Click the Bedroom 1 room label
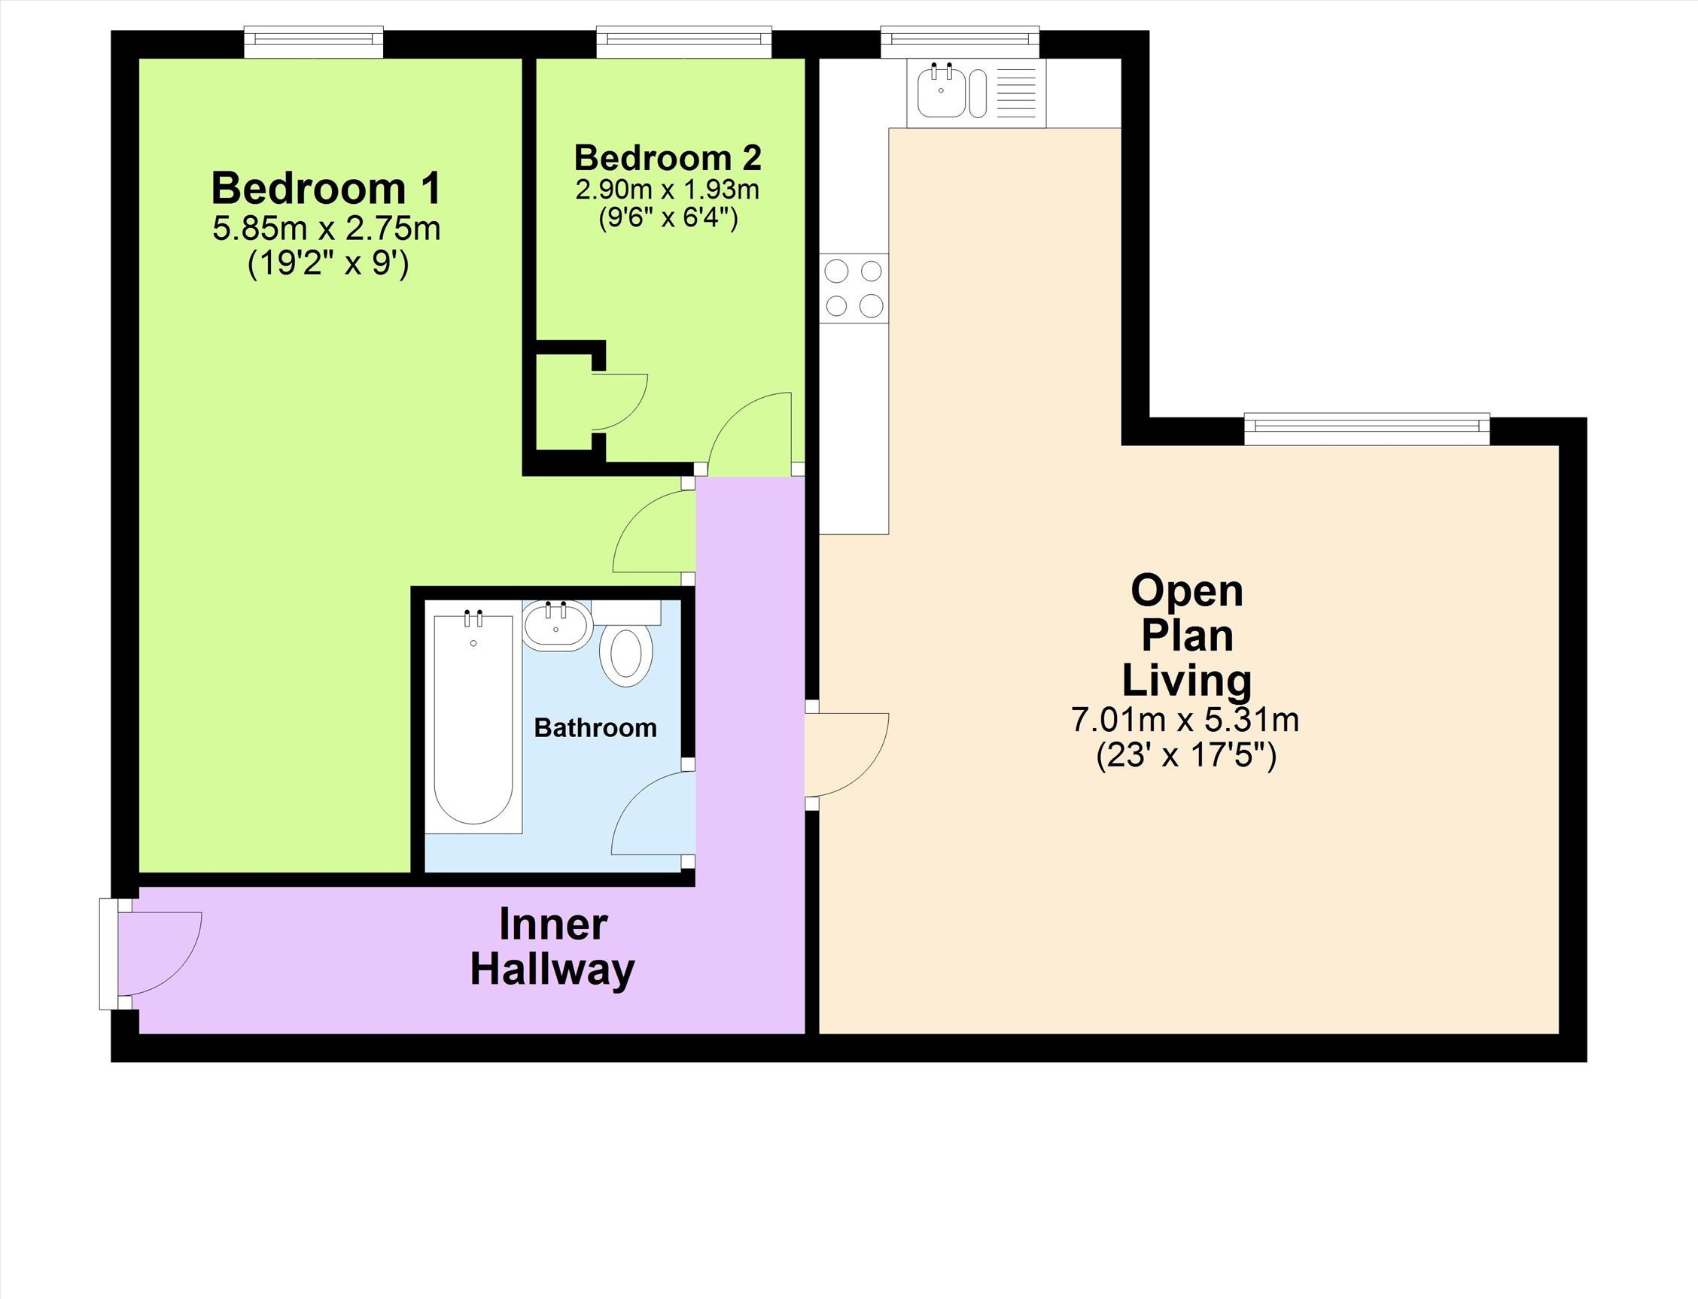327,189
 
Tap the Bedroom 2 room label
668,158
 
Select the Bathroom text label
595,727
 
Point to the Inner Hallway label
552,947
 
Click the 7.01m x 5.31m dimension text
1185,720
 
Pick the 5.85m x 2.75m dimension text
327,229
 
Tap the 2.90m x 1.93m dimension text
667,190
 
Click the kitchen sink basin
941,92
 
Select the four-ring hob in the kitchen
854,288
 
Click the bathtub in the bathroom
473,722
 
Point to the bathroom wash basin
557,626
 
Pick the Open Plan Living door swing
847,754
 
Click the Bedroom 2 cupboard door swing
619,402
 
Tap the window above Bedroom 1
313,42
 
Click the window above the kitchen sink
959,42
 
